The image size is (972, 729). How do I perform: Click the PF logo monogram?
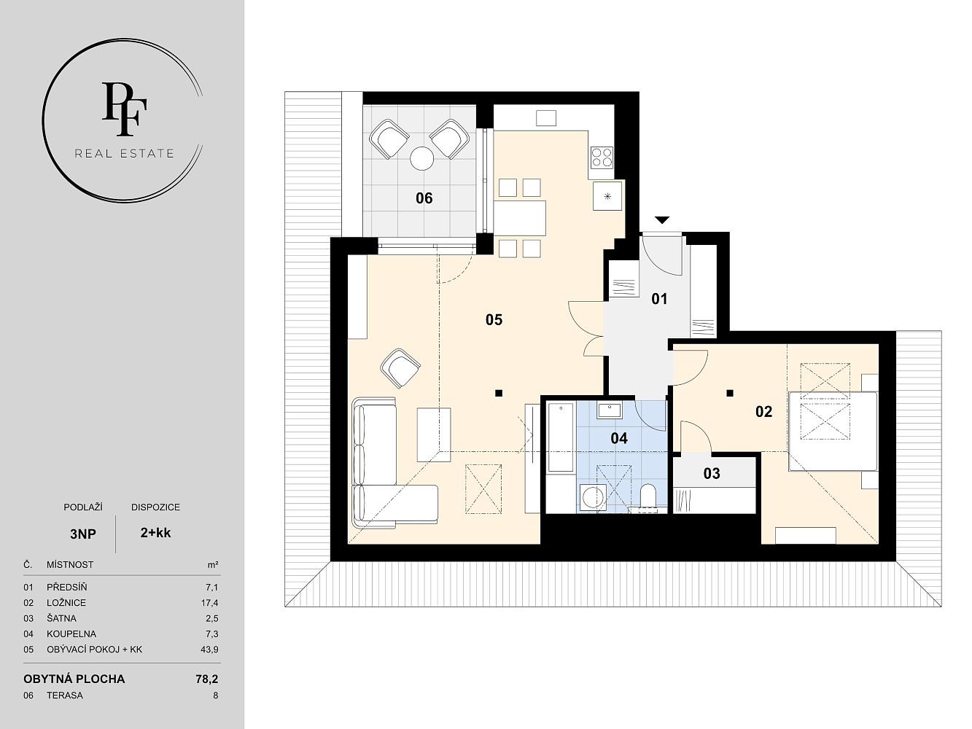coord(125,109)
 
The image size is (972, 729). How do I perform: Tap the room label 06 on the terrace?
coord(424,198)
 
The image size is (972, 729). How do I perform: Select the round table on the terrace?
coord(421,158)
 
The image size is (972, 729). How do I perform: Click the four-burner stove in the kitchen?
coord(602,157)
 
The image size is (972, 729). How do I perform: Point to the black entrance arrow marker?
coord(662,220)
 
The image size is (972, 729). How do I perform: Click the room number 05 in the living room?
coord(494,319)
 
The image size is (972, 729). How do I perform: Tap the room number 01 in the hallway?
coord(659,299)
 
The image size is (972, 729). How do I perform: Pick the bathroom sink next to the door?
coord(610,410)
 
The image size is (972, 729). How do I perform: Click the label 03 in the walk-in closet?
coord(712,474)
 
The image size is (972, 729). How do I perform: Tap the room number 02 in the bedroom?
coord(763,412)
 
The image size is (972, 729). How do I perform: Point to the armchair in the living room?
coord(400,368)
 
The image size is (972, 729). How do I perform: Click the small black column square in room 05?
coord(499,393)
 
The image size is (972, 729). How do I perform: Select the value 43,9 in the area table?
coord(209,650)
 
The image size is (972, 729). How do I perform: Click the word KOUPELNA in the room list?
coord(71,634)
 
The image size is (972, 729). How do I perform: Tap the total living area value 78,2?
coord(207,679)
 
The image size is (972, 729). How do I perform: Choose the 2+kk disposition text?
coord(155,533)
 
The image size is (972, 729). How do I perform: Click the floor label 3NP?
coord(83,534)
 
